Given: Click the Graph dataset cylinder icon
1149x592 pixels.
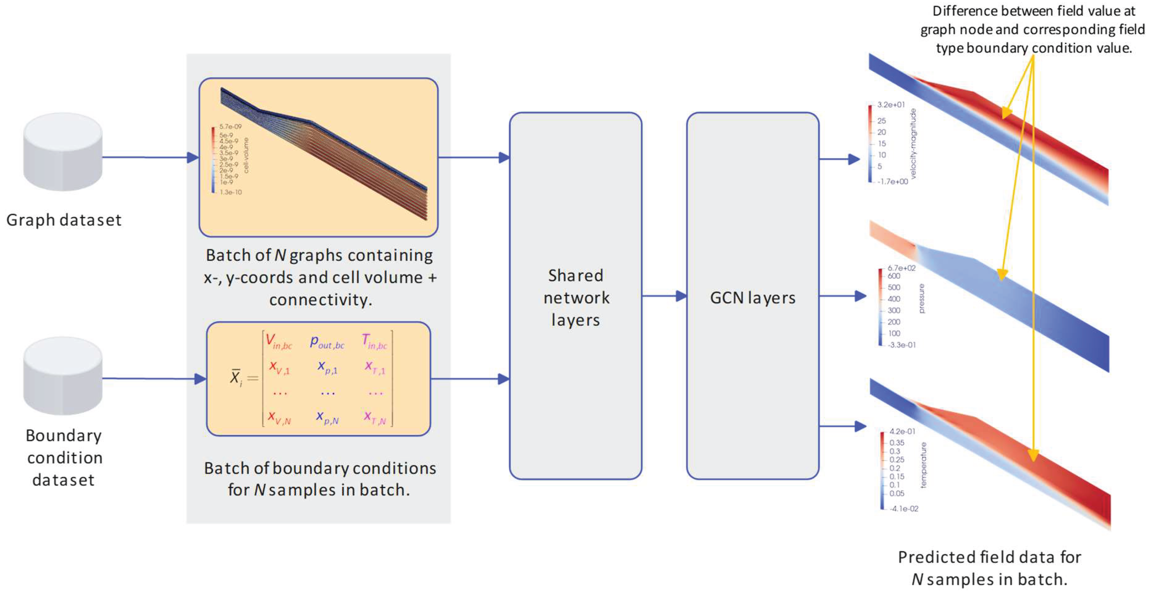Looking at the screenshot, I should coord(63,152).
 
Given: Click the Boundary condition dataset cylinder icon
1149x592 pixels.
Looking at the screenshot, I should coord(63,376).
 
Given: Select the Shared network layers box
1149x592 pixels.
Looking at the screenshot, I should coord(575,296).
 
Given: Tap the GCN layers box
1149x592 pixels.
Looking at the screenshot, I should coord(752,296).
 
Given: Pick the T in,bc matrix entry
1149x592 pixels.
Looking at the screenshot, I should coord(374,342).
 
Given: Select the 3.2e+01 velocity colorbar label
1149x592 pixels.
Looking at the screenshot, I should coord(891,105).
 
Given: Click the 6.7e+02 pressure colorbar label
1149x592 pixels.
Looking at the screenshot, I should coord(901,268).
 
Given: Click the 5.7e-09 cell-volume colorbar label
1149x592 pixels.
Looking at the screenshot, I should coord(230,127).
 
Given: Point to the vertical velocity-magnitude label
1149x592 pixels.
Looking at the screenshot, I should coord(913,144).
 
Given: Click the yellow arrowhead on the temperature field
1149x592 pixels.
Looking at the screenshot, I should coord(1033,455).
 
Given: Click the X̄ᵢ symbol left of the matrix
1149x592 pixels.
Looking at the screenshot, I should coord(235,378).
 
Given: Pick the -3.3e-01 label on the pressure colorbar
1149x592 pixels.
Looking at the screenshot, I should coord(901,345).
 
